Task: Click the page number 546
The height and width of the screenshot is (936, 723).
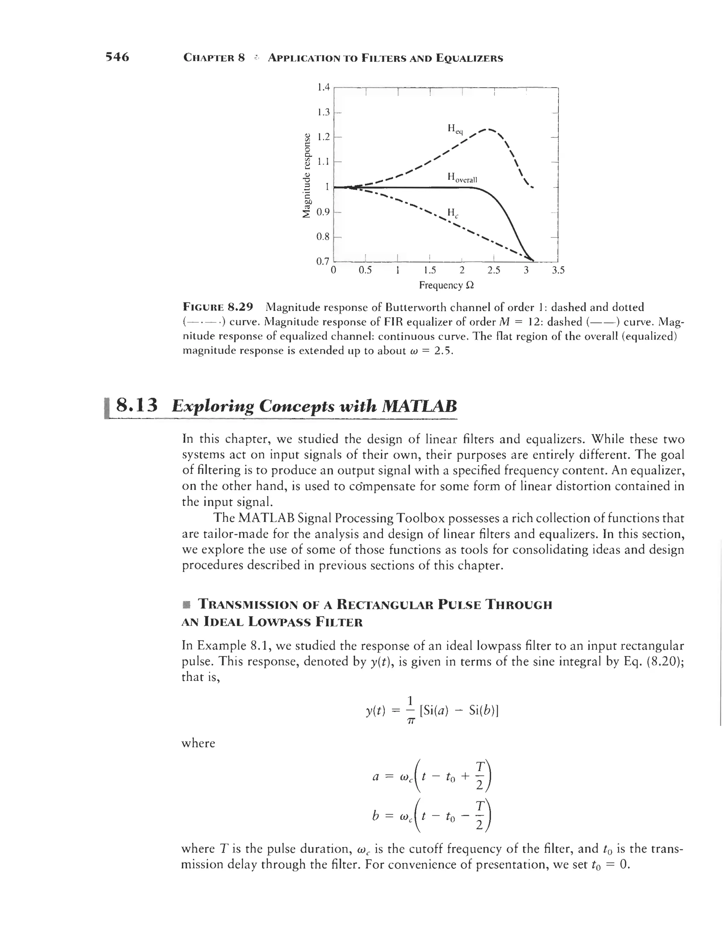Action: pos(117,57)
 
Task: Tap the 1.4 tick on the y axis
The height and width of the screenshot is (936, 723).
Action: pos(323,87)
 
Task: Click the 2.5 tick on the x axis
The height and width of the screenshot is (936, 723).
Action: pos(494,270)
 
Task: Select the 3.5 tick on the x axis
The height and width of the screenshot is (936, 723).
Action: pos(558,270)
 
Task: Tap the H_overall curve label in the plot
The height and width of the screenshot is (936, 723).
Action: pos(462,177)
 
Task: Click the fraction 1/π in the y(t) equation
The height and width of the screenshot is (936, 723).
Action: pos(410,711)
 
